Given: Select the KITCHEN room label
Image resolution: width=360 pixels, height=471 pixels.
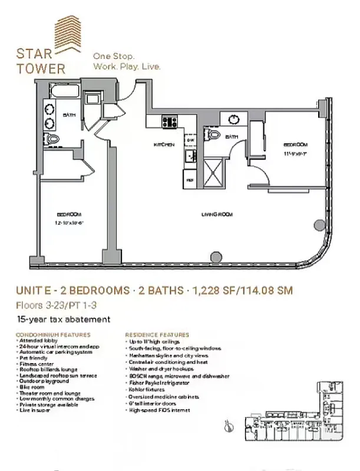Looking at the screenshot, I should click(164, 144).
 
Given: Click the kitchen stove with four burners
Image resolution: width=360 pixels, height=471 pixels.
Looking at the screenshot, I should click(170, 121).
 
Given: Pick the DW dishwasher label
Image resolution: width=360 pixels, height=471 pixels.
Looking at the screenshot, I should click(191, 141).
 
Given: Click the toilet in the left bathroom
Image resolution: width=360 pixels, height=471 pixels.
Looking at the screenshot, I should click(53, 138).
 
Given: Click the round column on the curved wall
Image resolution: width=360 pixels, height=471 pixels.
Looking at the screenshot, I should click(318, 224).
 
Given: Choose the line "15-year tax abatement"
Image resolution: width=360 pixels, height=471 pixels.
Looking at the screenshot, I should click(64, 320).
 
